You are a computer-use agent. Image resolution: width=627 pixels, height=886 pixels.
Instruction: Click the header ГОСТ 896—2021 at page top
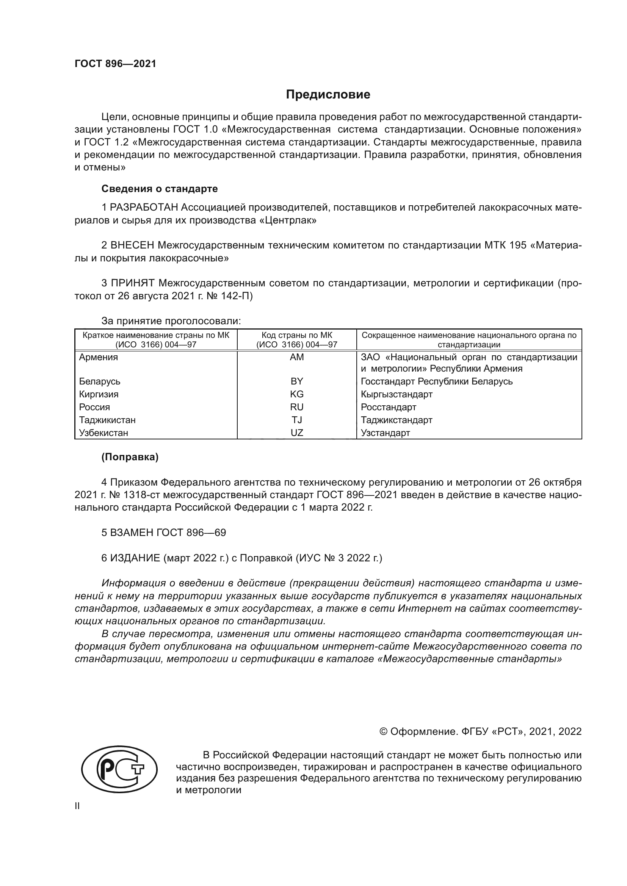pos(116,64)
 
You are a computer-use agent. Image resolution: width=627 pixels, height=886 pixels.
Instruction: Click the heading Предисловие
pos(328,95)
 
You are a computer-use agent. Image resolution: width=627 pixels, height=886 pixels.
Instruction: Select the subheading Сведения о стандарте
pos(160,189)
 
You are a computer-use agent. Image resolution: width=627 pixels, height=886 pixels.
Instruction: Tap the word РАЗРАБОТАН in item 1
pos(144,208)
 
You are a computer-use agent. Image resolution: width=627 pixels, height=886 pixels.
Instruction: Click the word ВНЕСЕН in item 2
pos(132,245)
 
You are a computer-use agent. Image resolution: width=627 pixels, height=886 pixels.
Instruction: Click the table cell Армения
pos(99,357)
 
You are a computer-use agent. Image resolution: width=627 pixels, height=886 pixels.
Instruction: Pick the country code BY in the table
pos(296,381)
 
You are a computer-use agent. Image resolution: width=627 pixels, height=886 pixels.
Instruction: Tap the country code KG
pos(296,394)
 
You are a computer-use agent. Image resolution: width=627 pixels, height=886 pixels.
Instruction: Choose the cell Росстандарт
pos(389,407)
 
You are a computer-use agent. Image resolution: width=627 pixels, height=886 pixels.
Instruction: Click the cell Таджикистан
pos(107,420)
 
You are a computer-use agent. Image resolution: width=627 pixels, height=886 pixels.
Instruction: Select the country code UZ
pos(296,433)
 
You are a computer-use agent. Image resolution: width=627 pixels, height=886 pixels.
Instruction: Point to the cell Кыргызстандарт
pos(397,394)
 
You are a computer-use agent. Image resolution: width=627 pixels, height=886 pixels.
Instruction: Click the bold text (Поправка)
pos(130,457)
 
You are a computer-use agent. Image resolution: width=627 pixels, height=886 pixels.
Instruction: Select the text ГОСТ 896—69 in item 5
pos(191,533)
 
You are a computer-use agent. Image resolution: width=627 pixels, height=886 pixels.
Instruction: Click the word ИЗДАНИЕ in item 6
pos(135,558)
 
